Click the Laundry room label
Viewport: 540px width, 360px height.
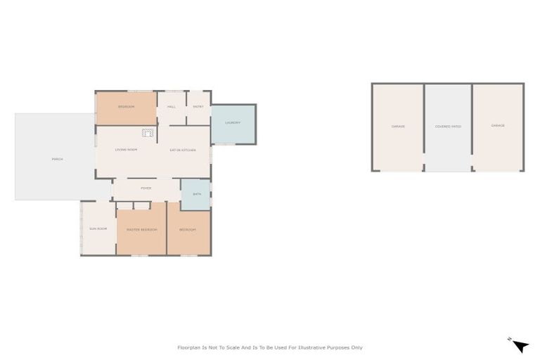click(233, 123)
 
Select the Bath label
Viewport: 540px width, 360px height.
click(196, 193)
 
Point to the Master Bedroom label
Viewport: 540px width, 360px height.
click(141, 230)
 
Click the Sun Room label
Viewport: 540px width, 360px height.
click(97, 229)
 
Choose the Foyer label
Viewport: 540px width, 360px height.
click(146, 188)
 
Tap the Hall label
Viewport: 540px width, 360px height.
click(171, 106)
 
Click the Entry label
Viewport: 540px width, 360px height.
click(198, 106)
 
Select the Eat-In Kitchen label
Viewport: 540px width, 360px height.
click(182, 150)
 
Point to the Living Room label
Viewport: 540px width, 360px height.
click(126, 150)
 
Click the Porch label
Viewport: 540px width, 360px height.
click(58, 159)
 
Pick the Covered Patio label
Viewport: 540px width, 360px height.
click(448, 127)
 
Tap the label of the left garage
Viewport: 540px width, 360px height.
click(397, 127)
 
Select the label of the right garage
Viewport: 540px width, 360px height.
click(498, 126)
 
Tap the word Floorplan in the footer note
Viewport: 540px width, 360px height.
click(189, 347)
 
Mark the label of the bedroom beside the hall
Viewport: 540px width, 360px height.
click(126, 106)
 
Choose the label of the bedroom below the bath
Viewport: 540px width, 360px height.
click(187, 230)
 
